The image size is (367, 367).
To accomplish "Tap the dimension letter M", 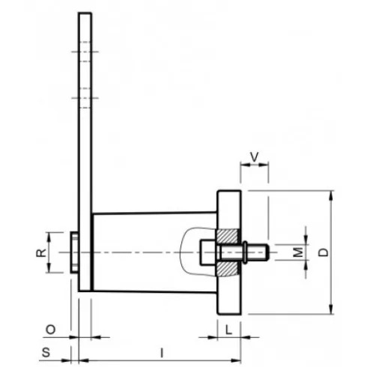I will point(297,251).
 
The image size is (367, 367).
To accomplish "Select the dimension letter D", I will point(322,252).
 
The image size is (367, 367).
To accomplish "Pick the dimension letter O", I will point(50,329).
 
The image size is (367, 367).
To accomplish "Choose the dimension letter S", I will point(46,351).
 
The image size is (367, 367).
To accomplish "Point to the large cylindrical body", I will point(142,252).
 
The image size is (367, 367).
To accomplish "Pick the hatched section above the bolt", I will point(228,236).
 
